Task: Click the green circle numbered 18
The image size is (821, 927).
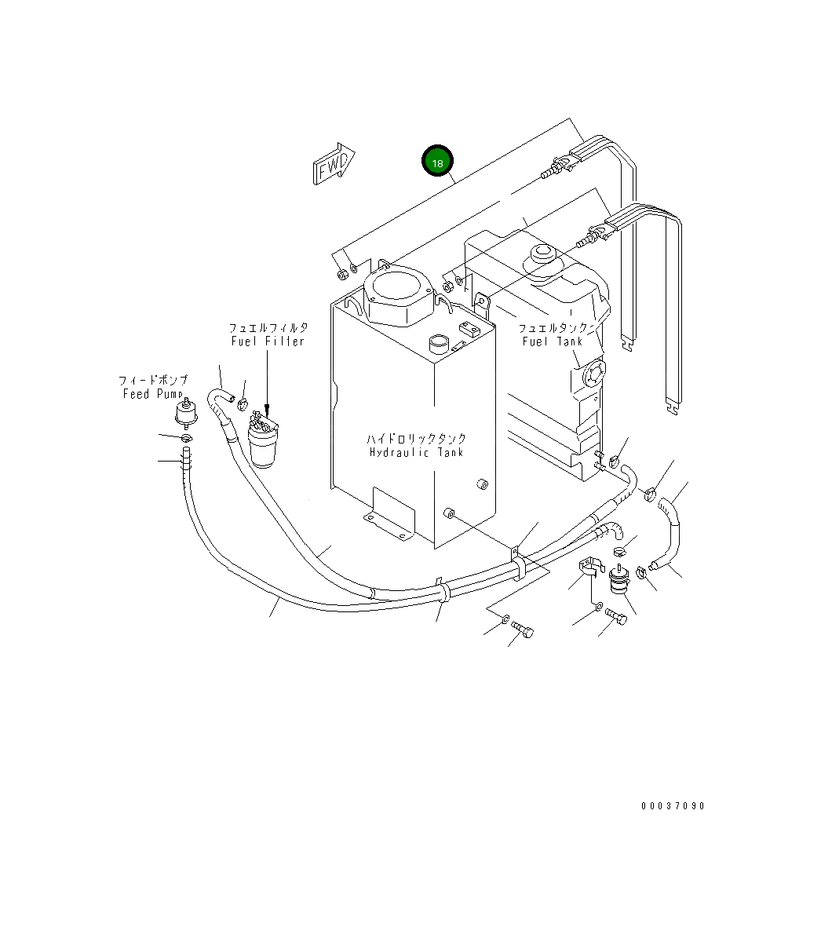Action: click(x=437, y=162)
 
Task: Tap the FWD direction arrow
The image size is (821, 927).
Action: click(x=334, y=164)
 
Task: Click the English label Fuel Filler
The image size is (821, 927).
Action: click(x=267, y=341)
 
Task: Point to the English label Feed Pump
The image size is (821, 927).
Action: click(x=153, y=394)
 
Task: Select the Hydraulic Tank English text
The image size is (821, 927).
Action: click(x=416, y=452)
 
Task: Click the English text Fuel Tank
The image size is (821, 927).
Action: click(x=553, y=341)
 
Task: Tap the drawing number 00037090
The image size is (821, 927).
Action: click(x=673, y=806)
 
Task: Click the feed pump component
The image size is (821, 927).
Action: click(x=186, y=412)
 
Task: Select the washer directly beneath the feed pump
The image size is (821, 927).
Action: click(x=186, y=437)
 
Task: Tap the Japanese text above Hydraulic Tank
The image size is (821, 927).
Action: click(x=416, y=439)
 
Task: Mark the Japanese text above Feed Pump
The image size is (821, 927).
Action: click(x=153, y=381)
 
